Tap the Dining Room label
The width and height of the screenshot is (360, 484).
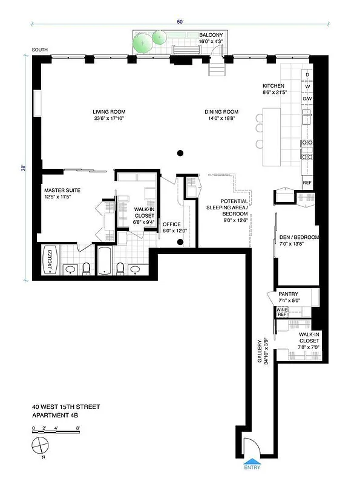(221, 112)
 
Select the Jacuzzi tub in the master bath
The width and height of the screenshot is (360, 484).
(51, 261)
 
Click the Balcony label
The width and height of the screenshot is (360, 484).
(211, 35)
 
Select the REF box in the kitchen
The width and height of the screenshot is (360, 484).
(307, 183)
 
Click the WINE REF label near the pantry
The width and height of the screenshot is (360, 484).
(281, 312)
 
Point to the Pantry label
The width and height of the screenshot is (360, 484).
(289, 294)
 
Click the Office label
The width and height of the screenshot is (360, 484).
(172, 224)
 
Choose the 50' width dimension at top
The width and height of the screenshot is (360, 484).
(180, 22)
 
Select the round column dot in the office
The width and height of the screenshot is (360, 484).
(180, 243)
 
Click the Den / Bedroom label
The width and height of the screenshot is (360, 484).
(299, 237)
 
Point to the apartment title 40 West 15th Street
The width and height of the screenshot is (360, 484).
(66, 407)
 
